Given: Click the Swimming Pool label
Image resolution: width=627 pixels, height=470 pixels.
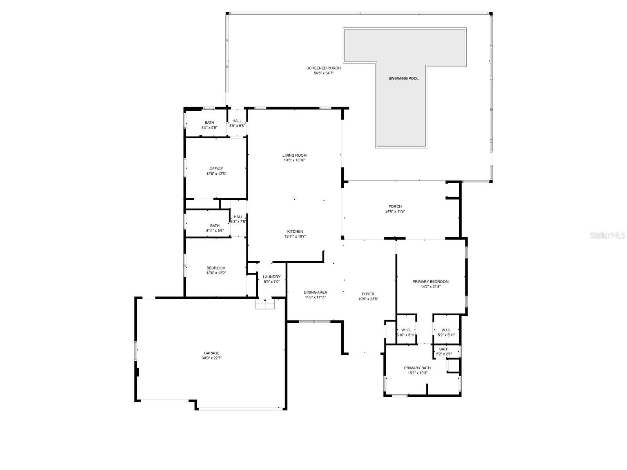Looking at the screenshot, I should pyautogui.click(x=403, y=78).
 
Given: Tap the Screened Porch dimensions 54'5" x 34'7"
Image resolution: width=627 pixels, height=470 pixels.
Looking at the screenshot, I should pyautogui.click(x=323, y=73).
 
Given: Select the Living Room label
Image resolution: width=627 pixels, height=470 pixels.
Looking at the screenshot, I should pyautogui.click(x=294, y=155).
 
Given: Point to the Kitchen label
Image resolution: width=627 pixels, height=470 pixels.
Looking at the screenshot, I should pyautogui.click(x=295, y=231).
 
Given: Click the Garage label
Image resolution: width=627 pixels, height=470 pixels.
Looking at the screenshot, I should pyautogui.click(x=211, y=353).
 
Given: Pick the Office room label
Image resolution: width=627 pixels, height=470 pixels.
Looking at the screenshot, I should pyautogui.click(x=216, y=169).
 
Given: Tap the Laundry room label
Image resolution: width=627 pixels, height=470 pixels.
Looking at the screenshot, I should pyautogui.click(x=272, y=277).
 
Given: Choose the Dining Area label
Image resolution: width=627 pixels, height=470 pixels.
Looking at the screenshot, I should pyautogui.click(x=315, y=292).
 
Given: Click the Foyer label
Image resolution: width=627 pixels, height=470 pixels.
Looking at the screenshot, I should pyautogui.click(x=368, y=294).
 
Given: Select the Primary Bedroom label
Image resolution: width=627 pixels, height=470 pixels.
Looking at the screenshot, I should pyautogui.click(x=430, y=282).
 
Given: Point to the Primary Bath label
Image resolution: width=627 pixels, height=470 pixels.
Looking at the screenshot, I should pyautogui.click(x=417, y=368).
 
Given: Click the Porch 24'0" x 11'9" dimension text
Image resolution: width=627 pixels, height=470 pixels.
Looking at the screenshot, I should pyautogui.click(x=395, y=211).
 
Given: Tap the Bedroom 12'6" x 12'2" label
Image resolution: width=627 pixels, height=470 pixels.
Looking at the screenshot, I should pyautogui.click(x=216, y=271).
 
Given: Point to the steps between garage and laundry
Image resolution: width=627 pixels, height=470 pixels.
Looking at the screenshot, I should pyautogui.click(x=266, y=304).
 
